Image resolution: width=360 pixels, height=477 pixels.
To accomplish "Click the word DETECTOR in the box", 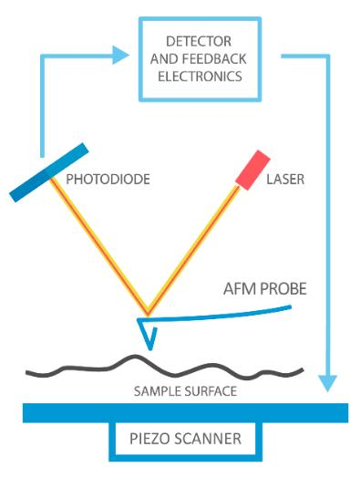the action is click(x=199, y=41).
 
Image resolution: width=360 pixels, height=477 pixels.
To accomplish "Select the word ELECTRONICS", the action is click(x=200, y=77).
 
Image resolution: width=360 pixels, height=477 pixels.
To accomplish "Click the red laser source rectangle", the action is click(x=252, y=170).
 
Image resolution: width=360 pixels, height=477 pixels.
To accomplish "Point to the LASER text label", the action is click(x=285, y=179).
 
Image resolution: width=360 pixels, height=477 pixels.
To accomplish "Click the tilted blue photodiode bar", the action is click(x=49, y=172).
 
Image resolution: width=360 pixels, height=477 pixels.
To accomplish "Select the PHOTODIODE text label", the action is click(x=108, y=179).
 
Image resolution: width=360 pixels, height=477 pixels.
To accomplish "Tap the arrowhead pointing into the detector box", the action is click(x=120, y=55).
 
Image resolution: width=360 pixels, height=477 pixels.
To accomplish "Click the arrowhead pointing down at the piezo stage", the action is click(x=327, y=384).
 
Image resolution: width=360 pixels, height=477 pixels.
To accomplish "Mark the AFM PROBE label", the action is click(x=265, y=289).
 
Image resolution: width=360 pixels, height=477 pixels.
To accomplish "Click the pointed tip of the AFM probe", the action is click(x=150, y=350).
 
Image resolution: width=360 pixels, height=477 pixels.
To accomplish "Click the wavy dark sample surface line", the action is click(x=164, y=369).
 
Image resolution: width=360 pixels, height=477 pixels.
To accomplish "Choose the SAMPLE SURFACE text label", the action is click(x=185, y=391).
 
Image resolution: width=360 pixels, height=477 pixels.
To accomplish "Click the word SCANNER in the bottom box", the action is click(x=205, y=439).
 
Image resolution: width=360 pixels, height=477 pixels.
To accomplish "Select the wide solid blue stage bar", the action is click(x=186, y=413).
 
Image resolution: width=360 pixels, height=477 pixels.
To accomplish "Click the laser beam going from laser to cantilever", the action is click(x=193, y=252).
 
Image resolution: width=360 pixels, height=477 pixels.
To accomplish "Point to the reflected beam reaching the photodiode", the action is click(x=99, y=247).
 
